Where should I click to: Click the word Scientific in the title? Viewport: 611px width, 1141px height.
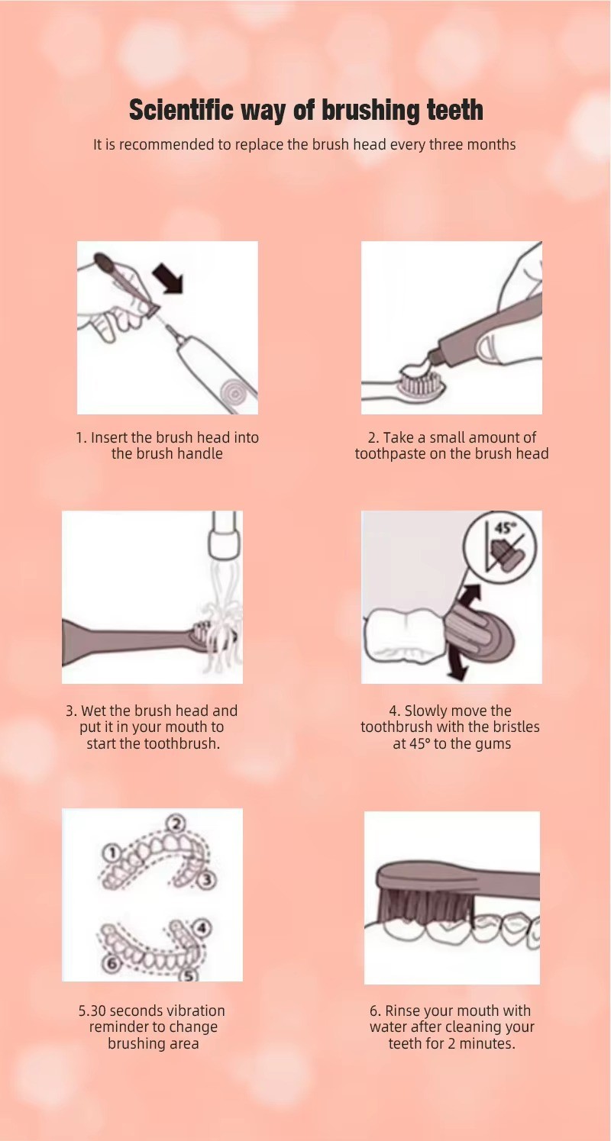[182, 110]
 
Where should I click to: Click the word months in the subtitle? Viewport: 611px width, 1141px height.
[491, 144]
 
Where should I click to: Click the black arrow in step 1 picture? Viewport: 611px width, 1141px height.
[168, 281]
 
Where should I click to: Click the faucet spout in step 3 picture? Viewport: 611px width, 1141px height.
[224, 536]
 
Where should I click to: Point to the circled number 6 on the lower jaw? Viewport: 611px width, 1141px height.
[112, 962]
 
